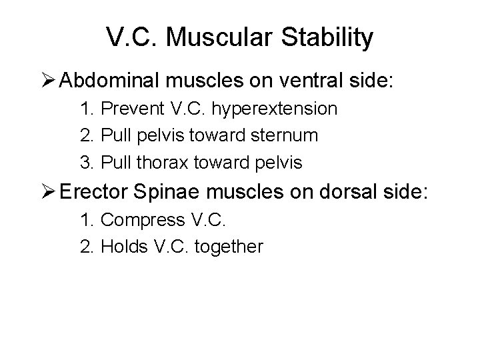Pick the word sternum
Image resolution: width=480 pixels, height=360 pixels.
[284, 135]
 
